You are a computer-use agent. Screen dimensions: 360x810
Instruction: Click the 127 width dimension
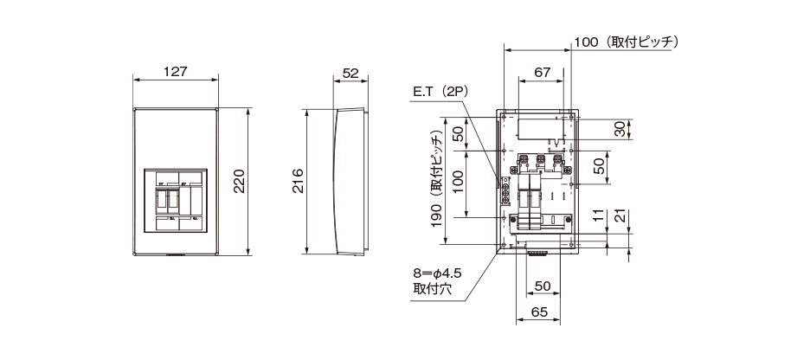point(175,72)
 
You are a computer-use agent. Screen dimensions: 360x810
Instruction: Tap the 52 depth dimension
point(350,73)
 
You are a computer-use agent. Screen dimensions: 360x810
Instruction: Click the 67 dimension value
point(543,73)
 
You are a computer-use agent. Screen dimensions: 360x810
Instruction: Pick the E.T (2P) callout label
point(439,91)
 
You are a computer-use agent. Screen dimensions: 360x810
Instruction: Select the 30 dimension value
point(619,128)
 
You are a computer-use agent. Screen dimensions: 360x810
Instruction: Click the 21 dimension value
point(619,216)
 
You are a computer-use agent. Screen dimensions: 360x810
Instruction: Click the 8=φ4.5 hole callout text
point(437,273)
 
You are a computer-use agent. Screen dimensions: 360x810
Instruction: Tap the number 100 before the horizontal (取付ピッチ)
point(586,42)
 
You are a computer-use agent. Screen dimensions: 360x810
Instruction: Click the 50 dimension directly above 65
point(543,286)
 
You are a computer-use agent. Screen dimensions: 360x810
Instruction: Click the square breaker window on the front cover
point(179,201)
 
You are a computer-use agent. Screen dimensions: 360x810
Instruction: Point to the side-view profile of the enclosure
point(349,182)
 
